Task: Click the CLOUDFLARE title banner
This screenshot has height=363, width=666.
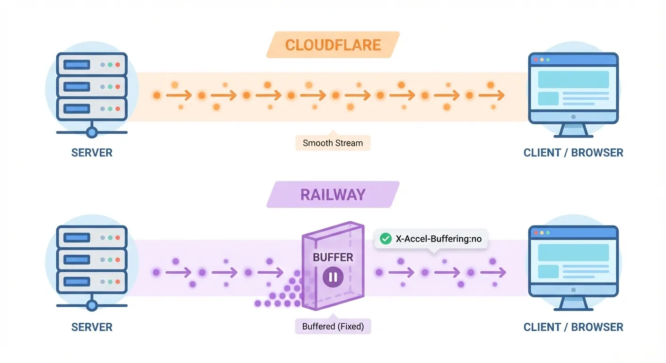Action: [333, 45]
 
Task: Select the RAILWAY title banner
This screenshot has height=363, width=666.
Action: [333, 195]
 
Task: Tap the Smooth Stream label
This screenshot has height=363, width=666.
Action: [333, 143]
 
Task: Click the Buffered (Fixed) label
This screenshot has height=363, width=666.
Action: [333, 327]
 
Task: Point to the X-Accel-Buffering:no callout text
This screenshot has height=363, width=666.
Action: [438, 239]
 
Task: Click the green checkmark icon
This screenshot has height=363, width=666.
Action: [386, 239]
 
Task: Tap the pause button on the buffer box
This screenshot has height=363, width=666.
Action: [333, 277]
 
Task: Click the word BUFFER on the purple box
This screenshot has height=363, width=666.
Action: [333, 258]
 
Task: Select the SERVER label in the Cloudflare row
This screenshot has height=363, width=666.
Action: [92, 153]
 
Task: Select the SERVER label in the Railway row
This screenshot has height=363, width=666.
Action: [92, 327]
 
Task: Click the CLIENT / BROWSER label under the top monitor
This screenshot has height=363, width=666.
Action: [573, 153]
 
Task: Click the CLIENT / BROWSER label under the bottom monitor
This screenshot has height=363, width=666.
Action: [573, 327]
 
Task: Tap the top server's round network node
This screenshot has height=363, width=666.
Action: [92, 132]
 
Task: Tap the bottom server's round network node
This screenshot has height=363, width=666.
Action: [92, 305]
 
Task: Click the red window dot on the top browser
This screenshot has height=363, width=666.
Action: [536, 60]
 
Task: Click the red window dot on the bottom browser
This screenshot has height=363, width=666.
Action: [536, 233]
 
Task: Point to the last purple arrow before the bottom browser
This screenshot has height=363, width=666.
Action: [493, 273]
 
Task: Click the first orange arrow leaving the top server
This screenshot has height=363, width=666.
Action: [179, 95]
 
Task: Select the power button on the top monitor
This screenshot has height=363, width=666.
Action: [573, 116]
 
